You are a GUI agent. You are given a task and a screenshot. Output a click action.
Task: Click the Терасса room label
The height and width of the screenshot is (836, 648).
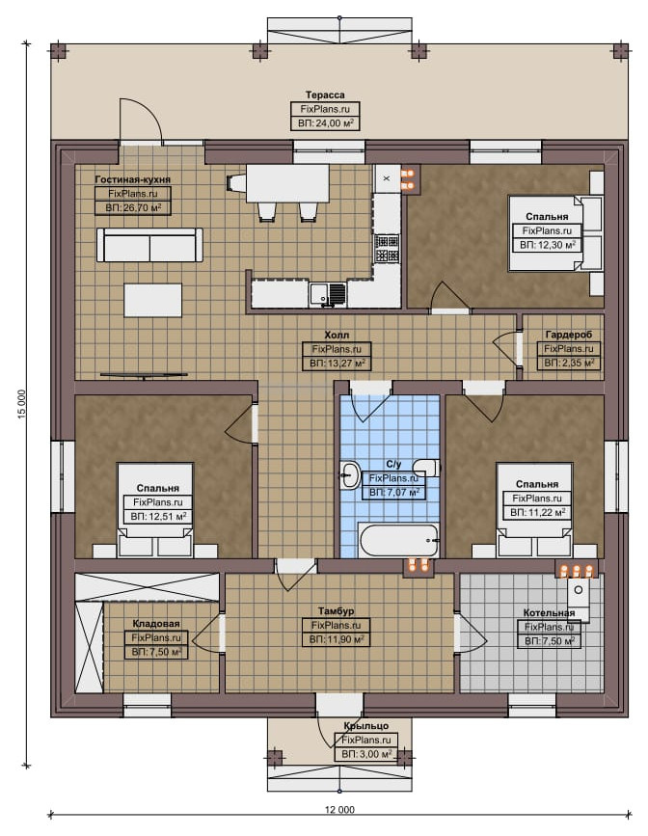[x=325, y=94]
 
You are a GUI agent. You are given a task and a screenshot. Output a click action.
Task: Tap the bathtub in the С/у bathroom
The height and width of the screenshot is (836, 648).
[x=399, y=540]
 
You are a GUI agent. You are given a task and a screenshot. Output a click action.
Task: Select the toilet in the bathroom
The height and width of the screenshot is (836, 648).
[x=427, y=467]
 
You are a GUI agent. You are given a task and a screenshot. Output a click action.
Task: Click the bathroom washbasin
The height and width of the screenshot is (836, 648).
[x=349, y=474]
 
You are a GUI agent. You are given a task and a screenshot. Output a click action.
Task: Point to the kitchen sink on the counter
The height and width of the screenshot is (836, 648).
[x=328, y=294]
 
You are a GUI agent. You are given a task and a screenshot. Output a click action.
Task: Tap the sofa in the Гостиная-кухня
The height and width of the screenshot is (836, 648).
[x=149, y=245]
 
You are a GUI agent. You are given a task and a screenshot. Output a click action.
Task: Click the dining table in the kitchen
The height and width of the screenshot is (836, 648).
[x=287, y=183]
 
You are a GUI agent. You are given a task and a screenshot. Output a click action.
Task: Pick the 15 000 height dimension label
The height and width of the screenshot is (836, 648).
[x=22, y=404]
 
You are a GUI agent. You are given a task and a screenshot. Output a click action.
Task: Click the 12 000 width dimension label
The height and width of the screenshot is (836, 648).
[x=339, y=809]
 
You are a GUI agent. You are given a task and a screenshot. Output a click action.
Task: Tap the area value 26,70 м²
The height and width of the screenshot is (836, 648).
[x=133, y=207]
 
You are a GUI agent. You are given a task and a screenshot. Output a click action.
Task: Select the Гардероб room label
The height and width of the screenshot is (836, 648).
[x=569, y=335]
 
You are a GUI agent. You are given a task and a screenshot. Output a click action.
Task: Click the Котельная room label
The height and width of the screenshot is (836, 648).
[x=549, y=612]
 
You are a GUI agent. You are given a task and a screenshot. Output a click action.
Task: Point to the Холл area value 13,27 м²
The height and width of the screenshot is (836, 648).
[x=337, y=364]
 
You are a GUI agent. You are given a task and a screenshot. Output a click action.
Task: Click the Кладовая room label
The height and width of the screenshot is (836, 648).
[x=156, y=623]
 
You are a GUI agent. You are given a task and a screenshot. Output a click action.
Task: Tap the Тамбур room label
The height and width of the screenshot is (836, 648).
[x=336, y=611]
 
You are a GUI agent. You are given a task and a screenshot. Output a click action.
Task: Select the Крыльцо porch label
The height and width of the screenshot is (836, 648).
[x=365, y=726]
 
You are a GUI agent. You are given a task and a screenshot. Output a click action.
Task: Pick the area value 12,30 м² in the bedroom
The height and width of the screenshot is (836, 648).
[x=548, y=245]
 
